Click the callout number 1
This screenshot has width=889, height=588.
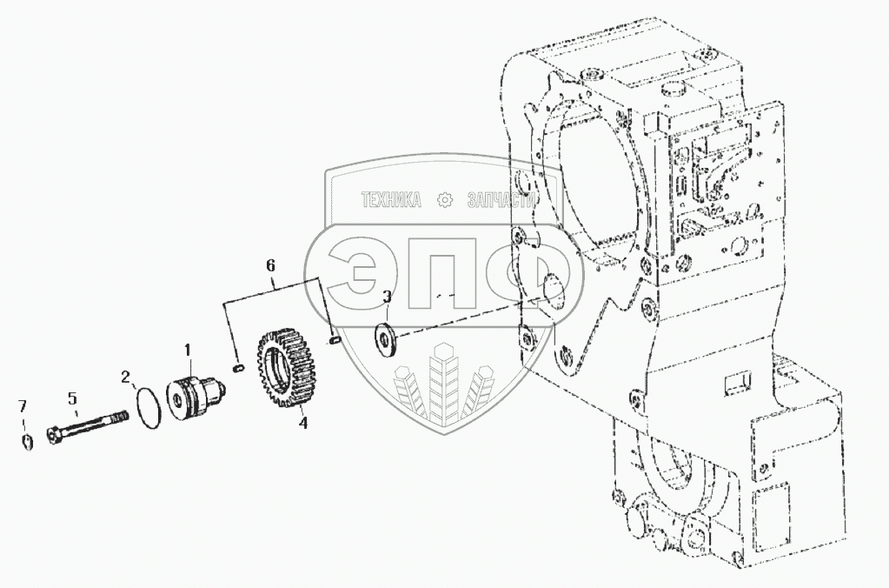click(188, 351)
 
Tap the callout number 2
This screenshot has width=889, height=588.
click(126, 377)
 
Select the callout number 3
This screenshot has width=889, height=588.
click(388, 297)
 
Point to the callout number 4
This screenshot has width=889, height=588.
click(302, 424)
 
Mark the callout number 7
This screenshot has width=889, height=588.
click(23, 406)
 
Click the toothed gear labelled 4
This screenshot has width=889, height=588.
click(285, 371)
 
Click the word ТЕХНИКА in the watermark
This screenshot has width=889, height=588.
click(391, 201)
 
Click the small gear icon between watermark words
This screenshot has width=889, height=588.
click(445, 201)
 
